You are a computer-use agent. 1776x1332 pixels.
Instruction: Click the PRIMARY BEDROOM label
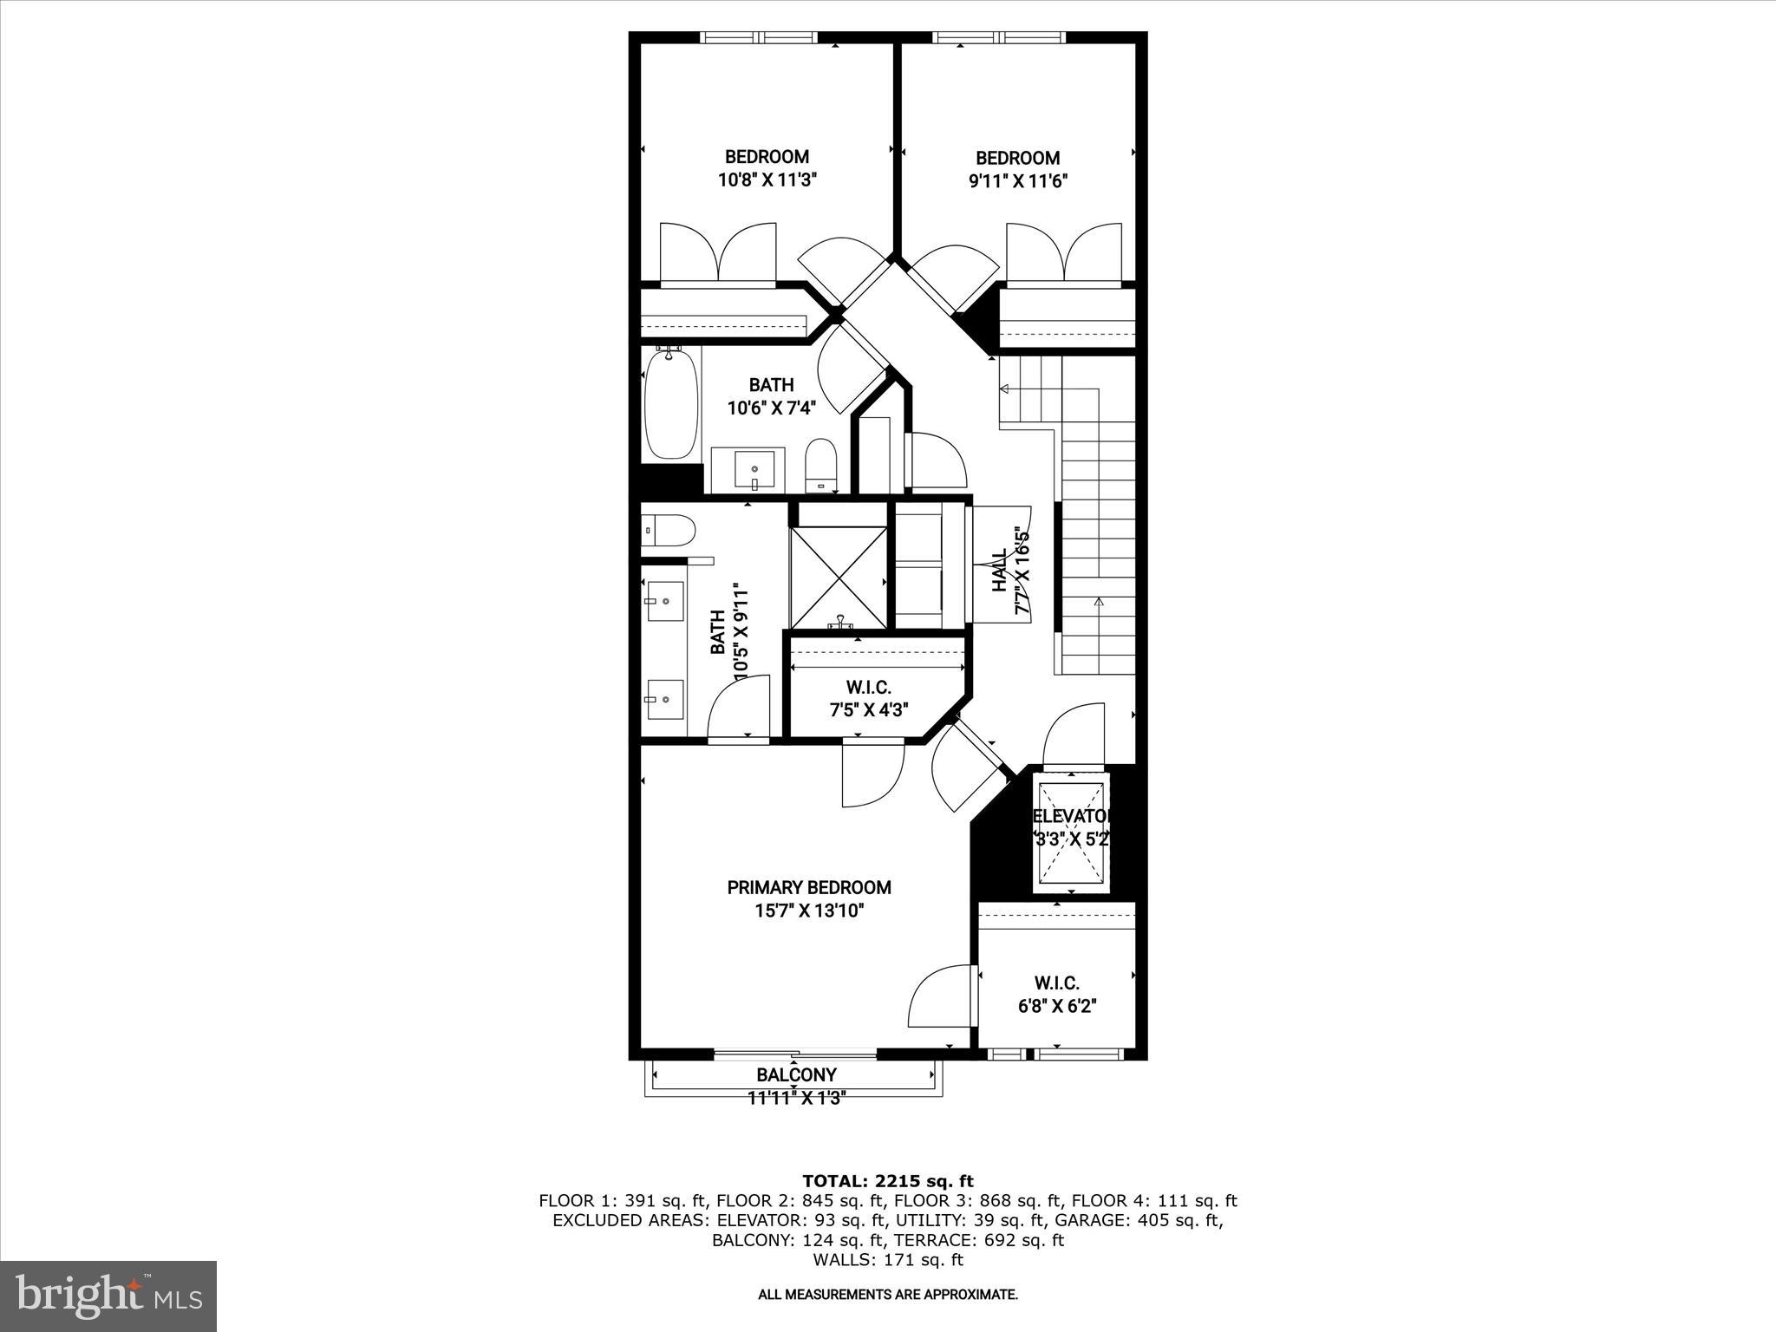(x=808, y=888)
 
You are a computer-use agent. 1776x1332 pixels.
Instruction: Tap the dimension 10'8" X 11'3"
(x=767, y=180)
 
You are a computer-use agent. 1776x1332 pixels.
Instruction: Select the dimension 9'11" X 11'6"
(x=1018, y=181)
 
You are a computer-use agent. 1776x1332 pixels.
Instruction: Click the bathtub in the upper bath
(x=671, y=405)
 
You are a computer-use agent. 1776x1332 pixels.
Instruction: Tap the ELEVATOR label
(x=1072, y=817)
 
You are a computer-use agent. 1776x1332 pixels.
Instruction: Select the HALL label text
(x=1000, y=570)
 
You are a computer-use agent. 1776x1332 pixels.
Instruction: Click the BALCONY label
(x=796, y=1075)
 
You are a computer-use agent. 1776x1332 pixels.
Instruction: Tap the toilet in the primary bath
(x=669, y=530)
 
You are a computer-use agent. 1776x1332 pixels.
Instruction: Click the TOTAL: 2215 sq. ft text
(x=887, y=1181)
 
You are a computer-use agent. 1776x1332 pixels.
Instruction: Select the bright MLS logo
(x=108, y=1296)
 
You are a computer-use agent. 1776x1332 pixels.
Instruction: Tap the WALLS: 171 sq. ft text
(x=887, y=1260)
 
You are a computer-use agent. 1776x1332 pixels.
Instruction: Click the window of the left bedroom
(x=759, y=37)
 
